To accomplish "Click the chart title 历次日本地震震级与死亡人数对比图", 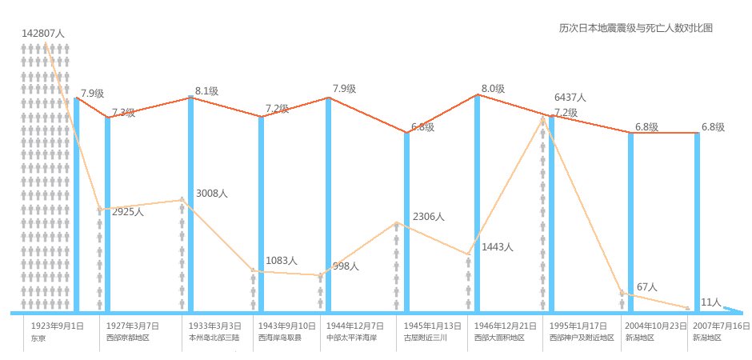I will [x=635, y=28].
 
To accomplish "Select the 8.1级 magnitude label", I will [x=206, y=91].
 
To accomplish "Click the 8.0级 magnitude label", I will [x=493, y=89].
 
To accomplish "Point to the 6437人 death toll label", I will [x=570, y=97].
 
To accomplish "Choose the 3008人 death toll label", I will [x=212, y=194].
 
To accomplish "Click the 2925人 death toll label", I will [x=128, y=212].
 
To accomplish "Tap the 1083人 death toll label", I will [x=282, y=261].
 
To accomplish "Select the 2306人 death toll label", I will [x=428, y=216].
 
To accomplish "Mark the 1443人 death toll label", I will [x=497, y=247].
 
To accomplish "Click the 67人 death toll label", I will [x=647, y=286].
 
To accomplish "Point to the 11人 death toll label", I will [x=710, y=302].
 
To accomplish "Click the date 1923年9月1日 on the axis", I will [x=57, y=326].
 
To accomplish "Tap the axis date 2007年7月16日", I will [x=721, y=326].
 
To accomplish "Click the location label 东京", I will [x=38, y=338].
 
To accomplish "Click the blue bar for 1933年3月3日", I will [x=190, y=204].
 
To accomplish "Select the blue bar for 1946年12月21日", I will [x=478, y=203].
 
